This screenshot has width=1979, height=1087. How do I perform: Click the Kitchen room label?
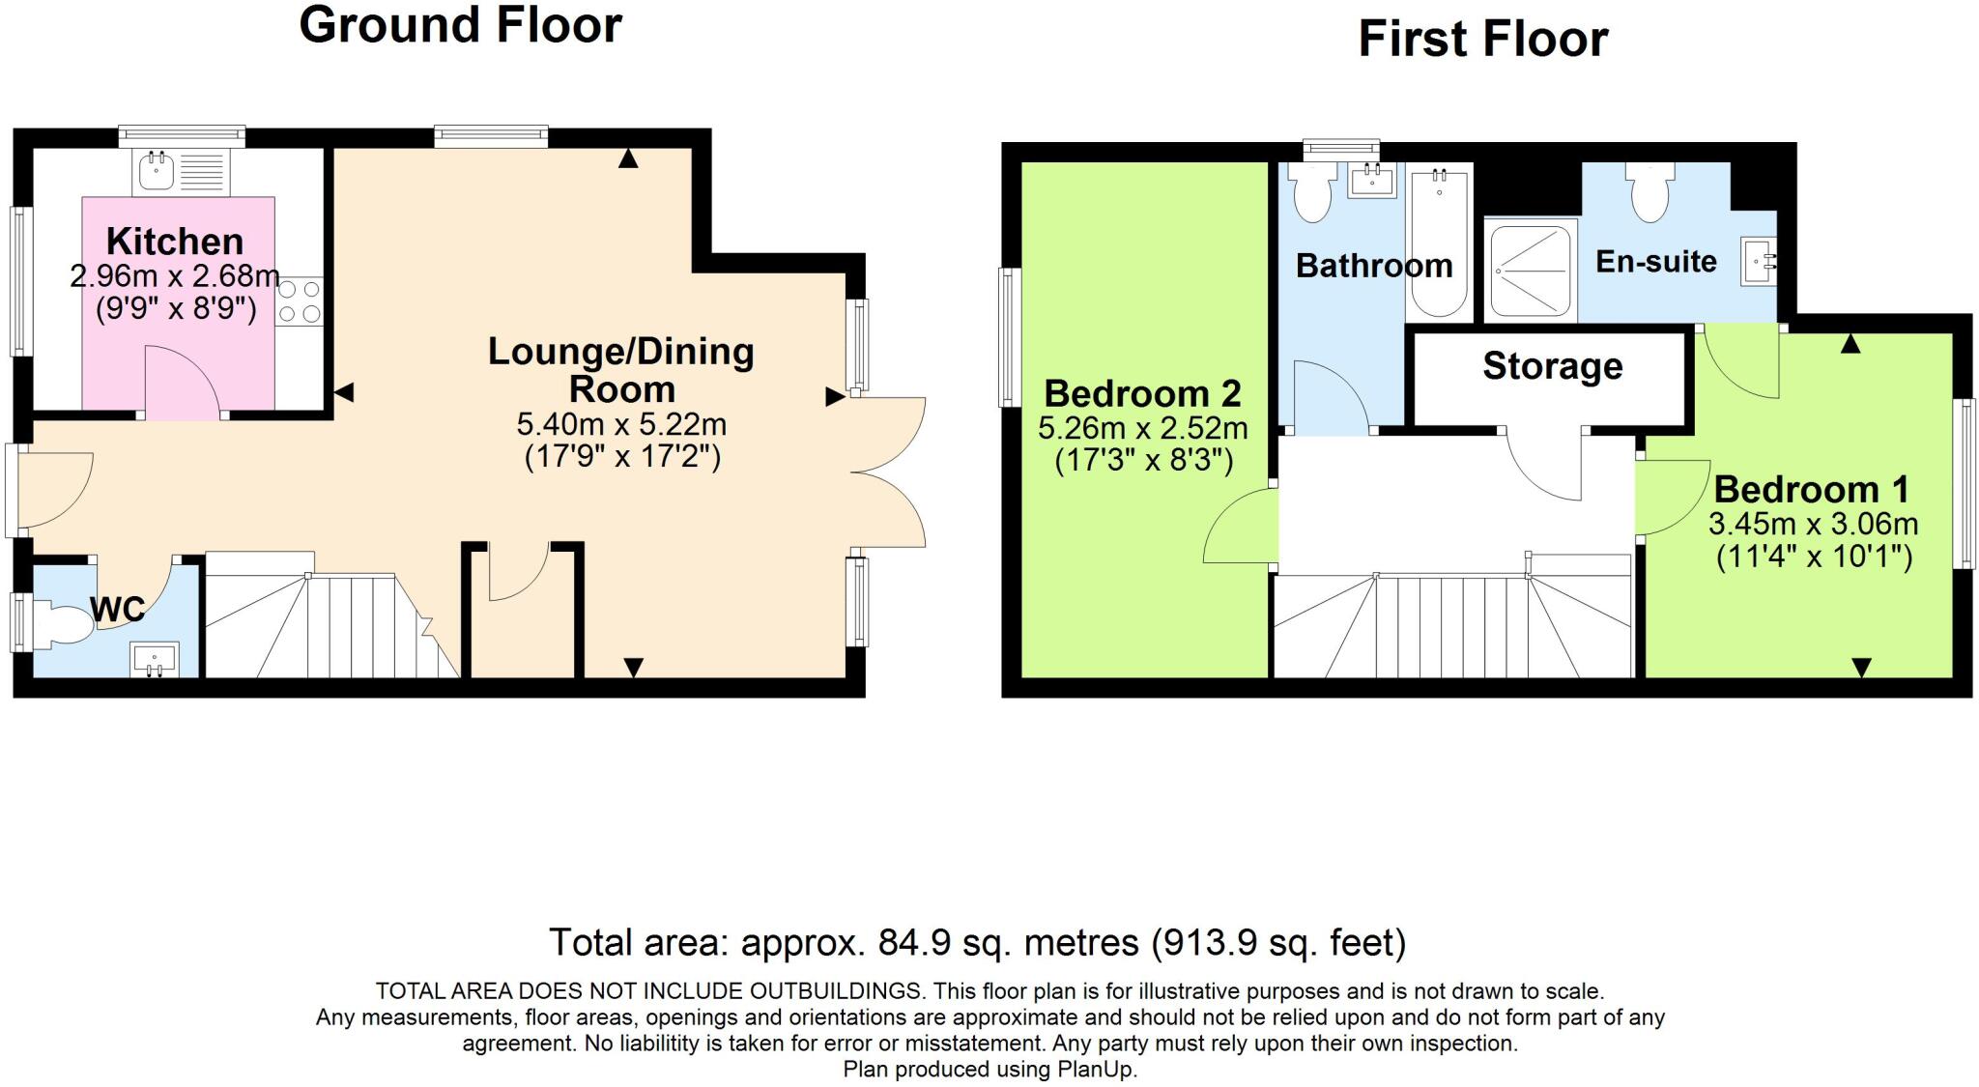pyautogui.click(x=175, y=242)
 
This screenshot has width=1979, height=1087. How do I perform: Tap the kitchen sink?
pyautogui.click(x=155, y=171)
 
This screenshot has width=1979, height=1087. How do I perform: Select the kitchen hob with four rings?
pyautogui.click(x=300, y=300)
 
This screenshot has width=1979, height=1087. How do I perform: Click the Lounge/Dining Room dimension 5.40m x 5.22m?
pyautogui.click(x=621, y=424)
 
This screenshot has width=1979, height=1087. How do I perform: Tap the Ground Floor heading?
pyautogui.click(x=460, y=25)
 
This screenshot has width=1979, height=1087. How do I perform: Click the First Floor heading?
pyautogui.click(x=1482, y=40)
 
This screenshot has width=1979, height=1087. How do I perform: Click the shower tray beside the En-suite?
pyautogui.click(x=1531, y=271)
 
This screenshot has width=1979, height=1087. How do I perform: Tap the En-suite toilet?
pyautogui.click(x=1650, y=193)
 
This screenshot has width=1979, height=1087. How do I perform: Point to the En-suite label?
pyautogui.click(x=1655, y=262)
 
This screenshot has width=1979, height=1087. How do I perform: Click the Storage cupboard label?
pyautogui.click(x=1552, y=366)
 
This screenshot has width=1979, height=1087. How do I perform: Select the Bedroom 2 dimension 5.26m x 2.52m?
pyautogui.click(x=1142, y=428)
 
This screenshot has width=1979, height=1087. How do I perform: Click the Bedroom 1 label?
pyautogui.click(x=1812, y=490)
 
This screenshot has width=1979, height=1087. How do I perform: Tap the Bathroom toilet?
pyautogui.click(x=1311, y=193)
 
